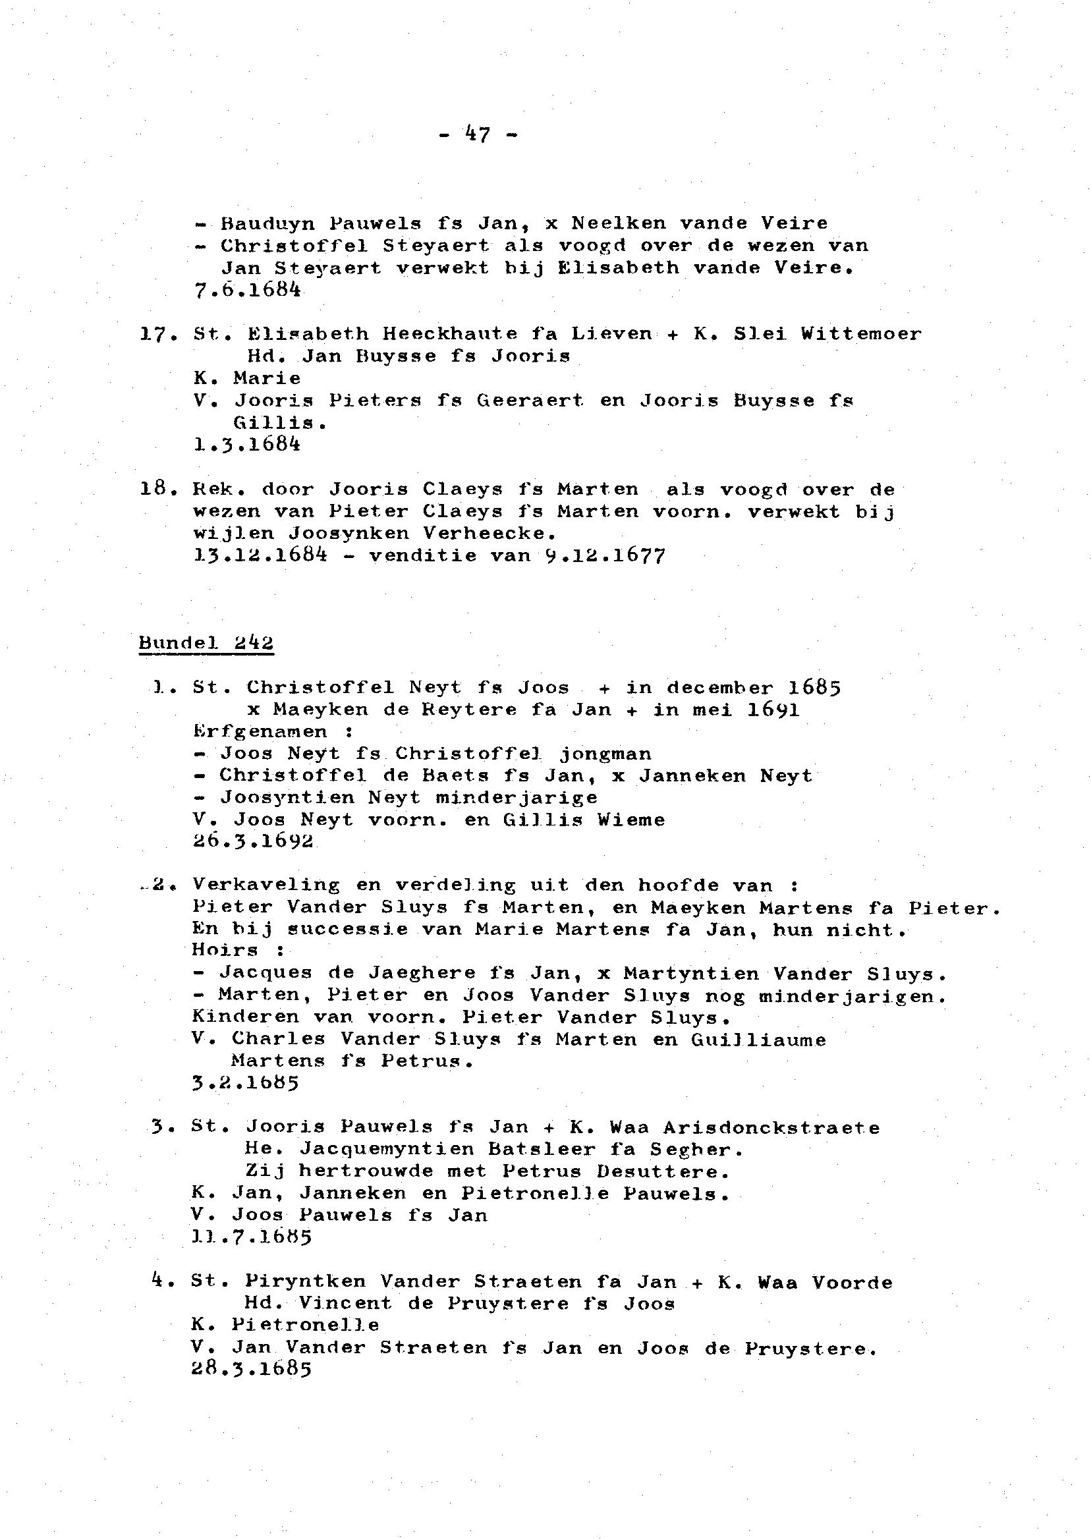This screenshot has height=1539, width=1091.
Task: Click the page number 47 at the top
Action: pos(478,135)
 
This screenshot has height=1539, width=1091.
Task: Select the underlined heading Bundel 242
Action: pos(206,643)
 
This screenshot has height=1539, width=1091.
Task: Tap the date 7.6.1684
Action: pos(246,289)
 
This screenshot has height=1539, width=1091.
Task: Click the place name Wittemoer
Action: pos(861,334)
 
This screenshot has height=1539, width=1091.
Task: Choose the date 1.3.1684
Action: pos(246,444)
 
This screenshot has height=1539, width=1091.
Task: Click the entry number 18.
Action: pos(154,489)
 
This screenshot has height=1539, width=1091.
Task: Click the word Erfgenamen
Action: pos(260,731)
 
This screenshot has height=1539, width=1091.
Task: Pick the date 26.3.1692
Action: pos(253,841)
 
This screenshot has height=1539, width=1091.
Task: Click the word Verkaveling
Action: pos(266,885)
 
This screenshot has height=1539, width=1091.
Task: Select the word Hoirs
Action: pos(225,951)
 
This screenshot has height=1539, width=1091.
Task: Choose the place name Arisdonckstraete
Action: pos(771,1128)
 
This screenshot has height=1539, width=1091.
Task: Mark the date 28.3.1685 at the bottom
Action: pos(252,1370)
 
